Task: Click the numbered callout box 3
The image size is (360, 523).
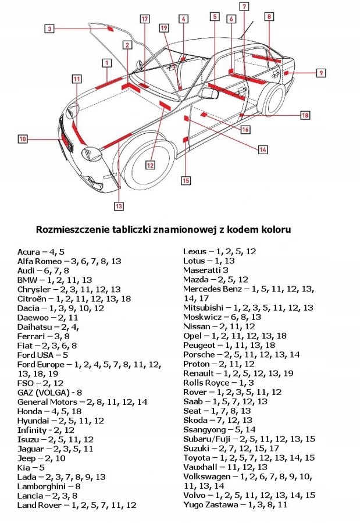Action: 50,28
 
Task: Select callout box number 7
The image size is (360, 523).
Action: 244,6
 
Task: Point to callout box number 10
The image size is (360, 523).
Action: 22,139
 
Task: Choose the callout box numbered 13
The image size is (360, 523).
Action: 119,205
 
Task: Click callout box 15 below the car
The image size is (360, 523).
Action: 186,180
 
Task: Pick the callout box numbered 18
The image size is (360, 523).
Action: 305,115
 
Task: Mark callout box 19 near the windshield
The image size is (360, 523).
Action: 164,27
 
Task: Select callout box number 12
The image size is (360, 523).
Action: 150,165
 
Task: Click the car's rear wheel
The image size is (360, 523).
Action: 270,102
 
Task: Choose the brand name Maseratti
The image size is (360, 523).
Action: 202,270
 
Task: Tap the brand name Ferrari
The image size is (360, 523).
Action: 32,336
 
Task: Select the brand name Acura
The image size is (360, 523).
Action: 28,252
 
